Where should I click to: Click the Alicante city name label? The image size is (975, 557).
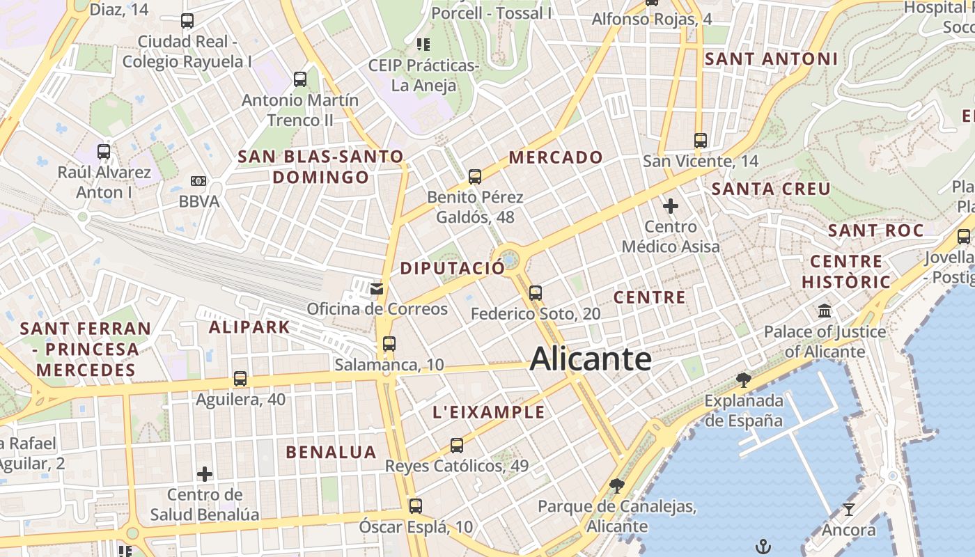[x=591, y=359]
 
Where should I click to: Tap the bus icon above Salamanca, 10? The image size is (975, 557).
[x=389, y=343]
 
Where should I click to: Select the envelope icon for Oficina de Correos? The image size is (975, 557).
[x=377, y=288]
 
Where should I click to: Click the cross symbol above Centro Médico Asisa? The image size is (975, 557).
[x=671, y=206]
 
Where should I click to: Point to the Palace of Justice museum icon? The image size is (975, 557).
[x=825, y=311]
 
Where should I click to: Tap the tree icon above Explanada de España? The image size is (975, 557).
[x=744, y=379]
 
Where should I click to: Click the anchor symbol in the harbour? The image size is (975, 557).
[x=764, y=545]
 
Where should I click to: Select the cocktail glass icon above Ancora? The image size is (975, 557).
[x=848, y=509]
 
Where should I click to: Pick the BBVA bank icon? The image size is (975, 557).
[x=198, y=181]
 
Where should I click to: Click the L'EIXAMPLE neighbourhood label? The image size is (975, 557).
[x=488, y=411]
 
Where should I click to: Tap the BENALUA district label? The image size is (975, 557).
[x=331, y=452]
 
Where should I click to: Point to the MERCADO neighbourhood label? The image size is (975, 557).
[x=556, y=157]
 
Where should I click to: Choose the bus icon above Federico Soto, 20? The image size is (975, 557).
[x=536, y=293]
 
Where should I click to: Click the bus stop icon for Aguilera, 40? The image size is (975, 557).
[x=240, y=379]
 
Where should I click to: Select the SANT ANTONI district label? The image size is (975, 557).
[x=771, y=59]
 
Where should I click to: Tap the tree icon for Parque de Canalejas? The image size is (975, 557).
[x=616, y=485]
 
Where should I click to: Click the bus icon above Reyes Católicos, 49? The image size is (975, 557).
[x=457, y=445]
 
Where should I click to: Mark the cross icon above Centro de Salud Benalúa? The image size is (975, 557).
[x=205, y=474]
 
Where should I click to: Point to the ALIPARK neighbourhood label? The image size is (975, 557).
[x=249, y=327]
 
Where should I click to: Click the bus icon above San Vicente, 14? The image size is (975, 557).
[x=701, y=140]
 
